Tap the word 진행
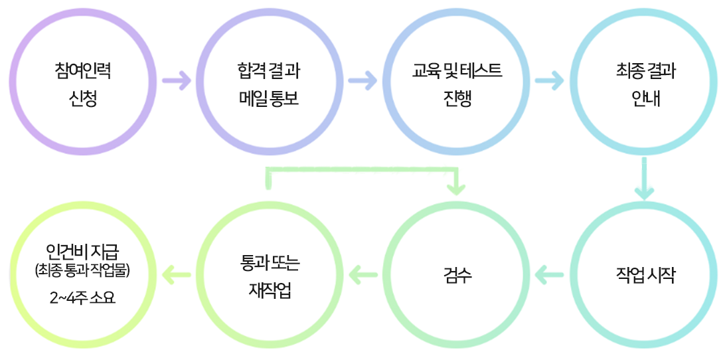[457, 99]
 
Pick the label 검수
[457, 274]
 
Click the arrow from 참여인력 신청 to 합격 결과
[176, 82]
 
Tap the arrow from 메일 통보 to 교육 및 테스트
[362, 82]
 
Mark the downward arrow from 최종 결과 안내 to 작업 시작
[643, 178]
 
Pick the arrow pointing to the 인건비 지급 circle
[176, 272]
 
